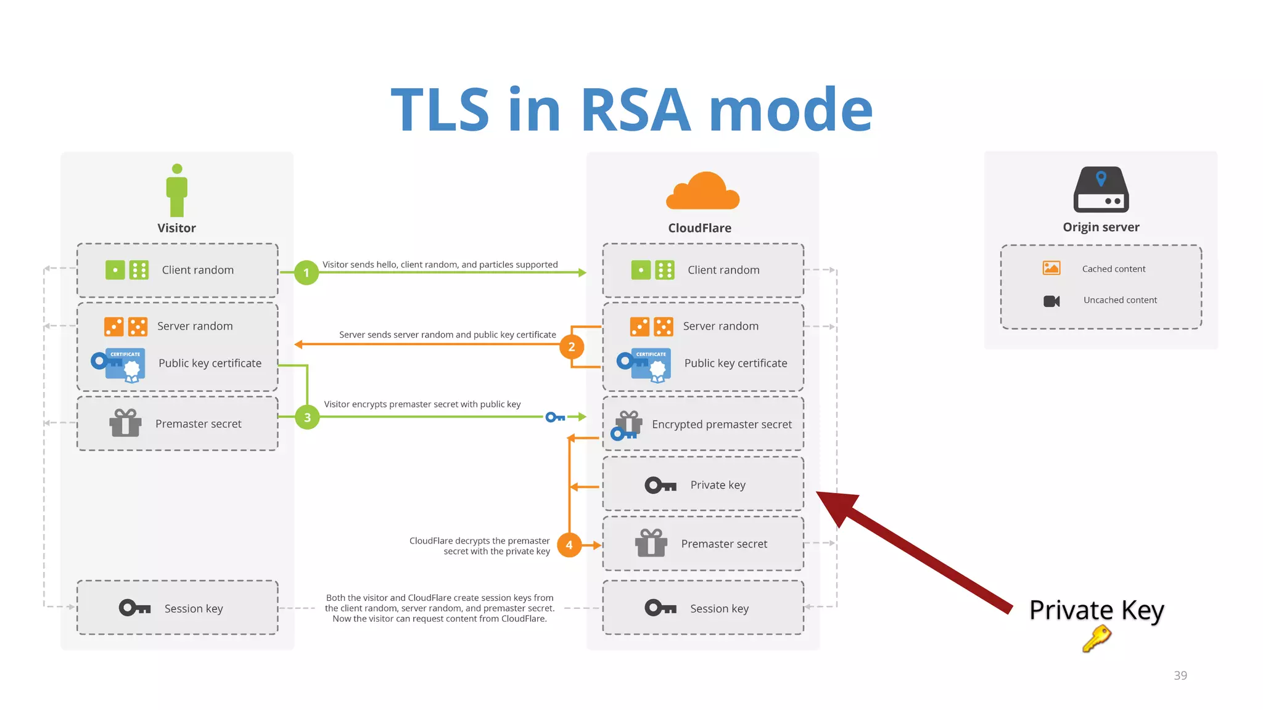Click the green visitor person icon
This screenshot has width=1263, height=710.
pos(177,190)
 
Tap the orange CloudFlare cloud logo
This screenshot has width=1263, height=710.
pos(702,192)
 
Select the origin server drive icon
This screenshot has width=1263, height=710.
pos(1101,189)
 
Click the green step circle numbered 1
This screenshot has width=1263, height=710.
pos(306,272)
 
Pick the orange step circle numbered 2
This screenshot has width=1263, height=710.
pos(572,346)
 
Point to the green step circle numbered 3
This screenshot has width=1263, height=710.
pos(307,417)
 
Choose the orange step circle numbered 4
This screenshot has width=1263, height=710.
pos(569,545)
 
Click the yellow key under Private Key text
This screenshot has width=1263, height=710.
pos(1096,639)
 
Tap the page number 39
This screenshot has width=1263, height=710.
pos(1180,675)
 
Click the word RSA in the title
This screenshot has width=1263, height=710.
pos(635,111)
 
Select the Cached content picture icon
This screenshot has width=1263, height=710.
pos(1051,268)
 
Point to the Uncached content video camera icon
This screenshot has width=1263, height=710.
pos(1051,301)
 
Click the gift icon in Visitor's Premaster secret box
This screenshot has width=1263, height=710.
pos(125,423)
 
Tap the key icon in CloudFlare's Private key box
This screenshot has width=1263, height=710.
pos(660,486)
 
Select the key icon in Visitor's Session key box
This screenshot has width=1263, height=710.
pos(134,608)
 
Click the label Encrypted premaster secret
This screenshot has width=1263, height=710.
pos(722,424)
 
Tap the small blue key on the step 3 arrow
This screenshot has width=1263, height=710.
pos(555,417)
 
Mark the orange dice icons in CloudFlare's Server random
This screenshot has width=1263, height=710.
pos(651,327)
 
